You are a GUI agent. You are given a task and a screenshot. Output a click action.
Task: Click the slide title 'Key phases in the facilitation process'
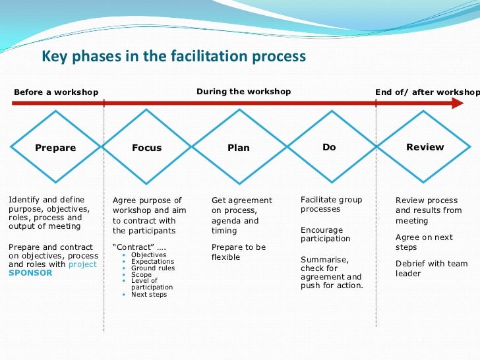coord(174,57)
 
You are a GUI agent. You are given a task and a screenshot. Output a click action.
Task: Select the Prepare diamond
coord(55,148)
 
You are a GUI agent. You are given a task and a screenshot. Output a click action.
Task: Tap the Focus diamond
coord(146,148)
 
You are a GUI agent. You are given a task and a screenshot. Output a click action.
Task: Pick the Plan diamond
coord(239,148)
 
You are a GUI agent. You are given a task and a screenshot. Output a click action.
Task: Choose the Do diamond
coord(329,147)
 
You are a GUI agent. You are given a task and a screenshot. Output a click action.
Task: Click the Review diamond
coord(425,147)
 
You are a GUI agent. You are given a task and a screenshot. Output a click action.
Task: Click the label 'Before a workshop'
coord(56,92)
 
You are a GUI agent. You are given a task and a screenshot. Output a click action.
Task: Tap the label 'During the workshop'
coord(243,92)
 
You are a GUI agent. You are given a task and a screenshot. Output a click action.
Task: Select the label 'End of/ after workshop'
coord(427,92)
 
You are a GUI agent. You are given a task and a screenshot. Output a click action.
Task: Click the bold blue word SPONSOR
coord(30,272)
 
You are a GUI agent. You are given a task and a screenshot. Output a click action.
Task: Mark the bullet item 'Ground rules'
coord(153,268)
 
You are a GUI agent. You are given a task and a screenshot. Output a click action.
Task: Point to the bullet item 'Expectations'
coord(154,262)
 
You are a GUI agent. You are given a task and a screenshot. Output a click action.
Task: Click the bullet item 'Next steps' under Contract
coord(149,294)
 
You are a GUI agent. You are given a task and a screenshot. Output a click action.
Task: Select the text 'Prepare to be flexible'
coord(238,252)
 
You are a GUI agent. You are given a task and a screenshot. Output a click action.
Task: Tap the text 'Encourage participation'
coord(325,235)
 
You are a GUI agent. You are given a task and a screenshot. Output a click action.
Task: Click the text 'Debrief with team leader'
coord(431,268)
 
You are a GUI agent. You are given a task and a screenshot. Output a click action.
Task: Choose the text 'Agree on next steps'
coord(425,242)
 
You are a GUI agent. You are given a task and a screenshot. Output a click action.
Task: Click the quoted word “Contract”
coord(129,247)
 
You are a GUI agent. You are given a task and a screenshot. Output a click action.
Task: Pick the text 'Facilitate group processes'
coord(331,204)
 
